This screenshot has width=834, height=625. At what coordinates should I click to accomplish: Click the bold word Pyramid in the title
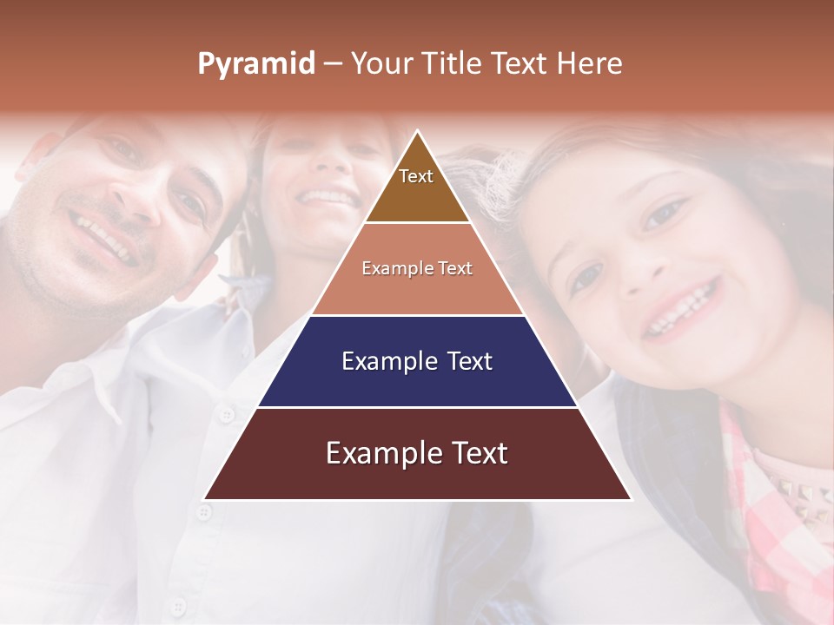(x=255, y=64)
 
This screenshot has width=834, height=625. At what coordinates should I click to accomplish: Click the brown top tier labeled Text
(x=416, y=187)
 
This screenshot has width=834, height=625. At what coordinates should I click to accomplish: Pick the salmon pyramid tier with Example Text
(x=417, y=269)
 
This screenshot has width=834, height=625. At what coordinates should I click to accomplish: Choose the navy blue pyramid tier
(x=417, y=361)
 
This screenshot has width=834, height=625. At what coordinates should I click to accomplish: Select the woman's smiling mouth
(x=328, y=198)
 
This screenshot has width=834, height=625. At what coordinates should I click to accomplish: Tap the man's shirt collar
(x=96, y=382)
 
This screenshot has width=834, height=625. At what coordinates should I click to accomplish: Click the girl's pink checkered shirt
(x=782, y=521)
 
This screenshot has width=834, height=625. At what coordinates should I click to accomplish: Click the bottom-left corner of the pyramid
(x=205, y=499)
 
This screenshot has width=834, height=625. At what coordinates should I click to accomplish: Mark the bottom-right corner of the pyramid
(x=631, y=499)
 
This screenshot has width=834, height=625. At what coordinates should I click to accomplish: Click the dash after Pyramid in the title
(x=333, y=64)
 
